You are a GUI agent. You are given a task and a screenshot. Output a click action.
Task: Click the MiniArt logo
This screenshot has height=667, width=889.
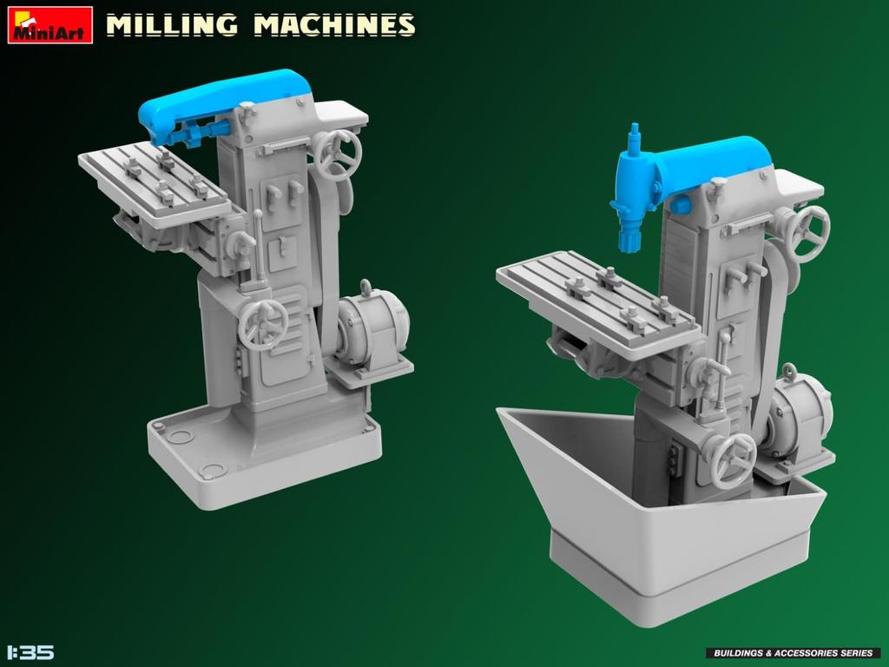click(49, 24)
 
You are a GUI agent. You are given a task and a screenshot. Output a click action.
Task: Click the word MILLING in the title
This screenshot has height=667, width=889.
click(171, 24)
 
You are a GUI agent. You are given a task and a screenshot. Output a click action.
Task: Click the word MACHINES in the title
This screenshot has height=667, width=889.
click(333, 24)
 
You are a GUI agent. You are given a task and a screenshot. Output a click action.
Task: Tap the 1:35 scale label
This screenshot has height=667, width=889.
click(30, 651)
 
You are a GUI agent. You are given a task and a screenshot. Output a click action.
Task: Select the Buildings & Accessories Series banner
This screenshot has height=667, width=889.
click(793, 652)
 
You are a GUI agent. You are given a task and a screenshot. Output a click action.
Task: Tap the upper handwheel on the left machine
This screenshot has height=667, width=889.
click(337, 155)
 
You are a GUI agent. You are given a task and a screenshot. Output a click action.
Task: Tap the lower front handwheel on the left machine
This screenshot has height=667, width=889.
click(262, 325)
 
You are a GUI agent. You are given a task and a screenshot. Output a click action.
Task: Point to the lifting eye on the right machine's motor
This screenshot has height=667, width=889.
click(788, 372)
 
